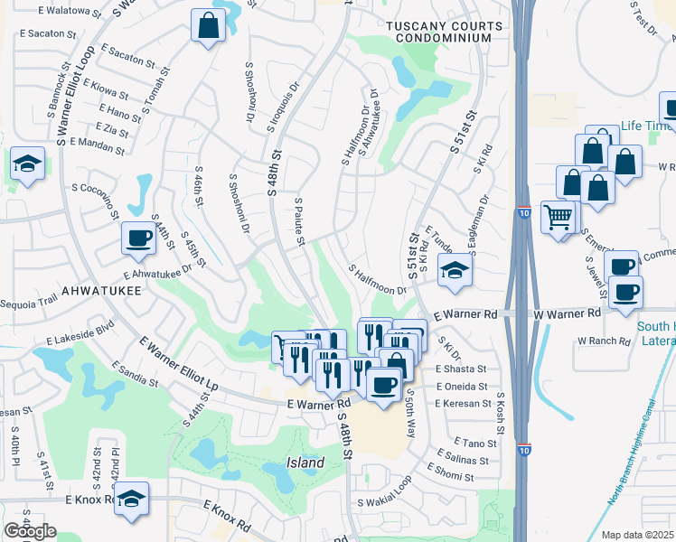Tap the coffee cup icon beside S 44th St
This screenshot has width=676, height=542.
pyautogui.click(x=138, y=238)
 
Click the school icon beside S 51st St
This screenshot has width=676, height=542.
pyautogui.click(x=455, y=270)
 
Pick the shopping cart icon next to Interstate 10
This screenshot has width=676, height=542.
pyautogui.click(x=558, y=217)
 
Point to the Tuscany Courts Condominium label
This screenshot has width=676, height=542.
pyautogui.click(x=439, y=32)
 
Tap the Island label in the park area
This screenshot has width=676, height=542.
pyautogui.click(x=305, y=463)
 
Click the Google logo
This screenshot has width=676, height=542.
pyautogui.click(x=30, y=531)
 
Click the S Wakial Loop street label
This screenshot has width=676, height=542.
pyautogui.click(x=384, y=502)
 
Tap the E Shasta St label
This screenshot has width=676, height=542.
pyautogui.click(x=461, y=369)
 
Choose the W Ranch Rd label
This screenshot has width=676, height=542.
pyautogui.click(x=602, y=341)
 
